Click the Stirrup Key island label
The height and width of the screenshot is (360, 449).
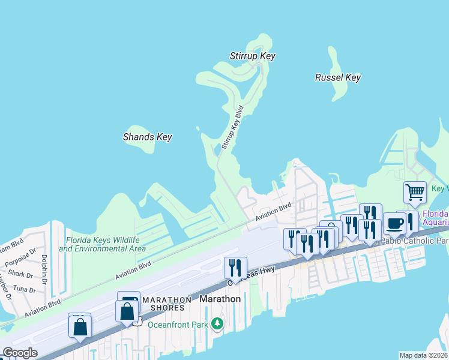252,56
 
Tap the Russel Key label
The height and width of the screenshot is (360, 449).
337,77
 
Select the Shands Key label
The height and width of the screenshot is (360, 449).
147,137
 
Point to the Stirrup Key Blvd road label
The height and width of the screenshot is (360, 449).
233,127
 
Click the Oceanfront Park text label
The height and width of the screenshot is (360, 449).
178,325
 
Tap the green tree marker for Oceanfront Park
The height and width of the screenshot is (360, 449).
217,325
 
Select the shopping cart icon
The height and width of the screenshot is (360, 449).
415,193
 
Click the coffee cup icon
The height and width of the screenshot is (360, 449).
394,223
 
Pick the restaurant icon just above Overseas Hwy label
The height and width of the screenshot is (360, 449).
235,267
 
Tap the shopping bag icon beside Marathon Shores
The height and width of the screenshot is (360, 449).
127,311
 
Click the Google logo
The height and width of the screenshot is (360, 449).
20,353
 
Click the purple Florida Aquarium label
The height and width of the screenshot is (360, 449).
435,217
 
